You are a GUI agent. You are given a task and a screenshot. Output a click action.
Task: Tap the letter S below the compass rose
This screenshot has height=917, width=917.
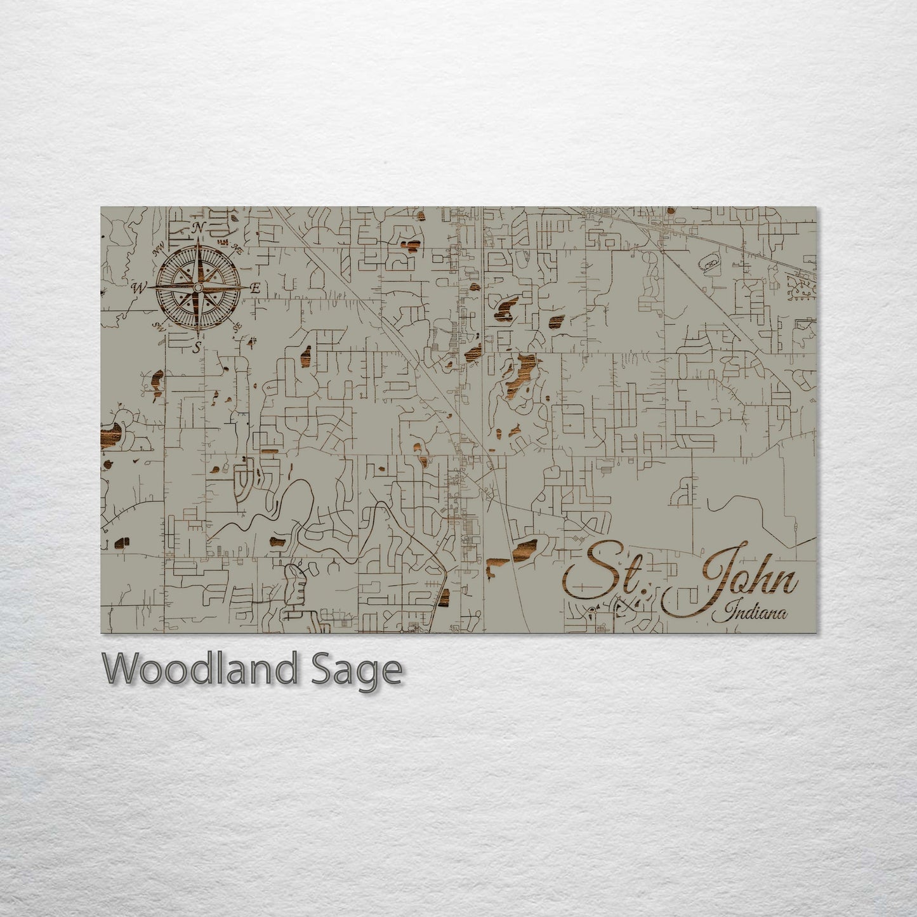(197, 346)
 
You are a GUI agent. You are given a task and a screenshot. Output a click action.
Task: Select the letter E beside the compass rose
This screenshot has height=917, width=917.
(255, 288)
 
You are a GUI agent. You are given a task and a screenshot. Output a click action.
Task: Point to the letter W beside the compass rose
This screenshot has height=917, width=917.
(138, 288)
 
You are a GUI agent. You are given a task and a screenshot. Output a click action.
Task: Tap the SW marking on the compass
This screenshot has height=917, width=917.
(159, 326)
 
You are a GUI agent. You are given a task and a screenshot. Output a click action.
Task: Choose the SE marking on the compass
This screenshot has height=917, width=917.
(238, 327)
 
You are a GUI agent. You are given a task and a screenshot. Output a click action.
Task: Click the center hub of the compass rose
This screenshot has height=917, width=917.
(199, 288)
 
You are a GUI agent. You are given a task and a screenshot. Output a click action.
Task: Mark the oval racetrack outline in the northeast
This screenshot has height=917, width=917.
(709, 261)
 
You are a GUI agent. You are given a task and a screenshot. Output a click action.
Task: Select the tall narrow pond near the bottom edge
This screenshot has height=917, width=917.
(444, 597)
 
